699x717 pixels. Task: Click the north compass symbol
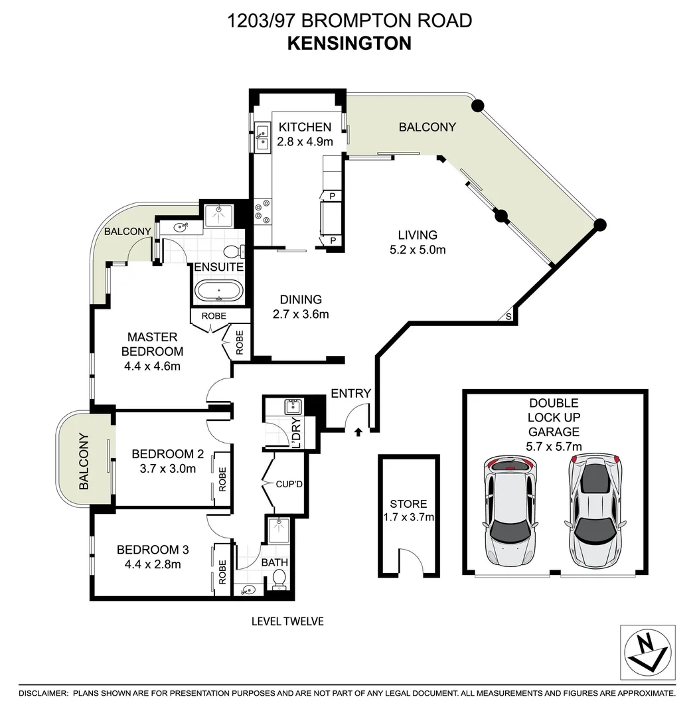coord(647,653)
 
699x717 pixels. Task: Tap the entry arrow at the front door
coord(358,432)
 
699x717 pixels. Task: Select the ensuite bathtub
coord(218,291)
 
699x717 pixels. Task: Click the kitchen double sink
coord(262,137)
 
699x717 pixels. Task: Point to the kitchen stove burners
coord(262,211)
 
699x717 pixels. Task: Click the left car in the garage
coord(510,511)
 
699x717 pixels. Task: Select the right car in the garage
coord(595,511)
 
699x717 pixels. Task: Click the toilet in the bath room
coord(278,580)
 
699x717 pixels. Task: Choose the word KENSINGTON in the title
coord(349,43)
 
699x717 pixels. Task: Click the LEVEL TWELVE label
coord(287,621)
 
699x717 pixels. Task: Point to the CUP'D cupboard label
coord(289,484)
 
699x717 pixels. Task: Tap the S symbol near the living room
coord(508,316)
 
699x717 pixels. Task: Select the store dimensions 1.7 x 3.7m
coord(409,518)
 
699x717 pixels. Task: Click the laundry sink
coord(293,406)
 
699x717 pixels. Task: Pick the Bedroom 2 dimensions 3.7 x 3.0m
coord(168,469)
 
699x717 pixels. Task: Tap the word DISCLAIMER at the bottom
coord(43,693)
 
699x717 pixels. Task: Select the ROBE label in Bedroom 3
coord(222,572)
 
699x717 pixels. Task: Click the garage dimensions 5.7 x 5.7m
coord(554,446)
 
